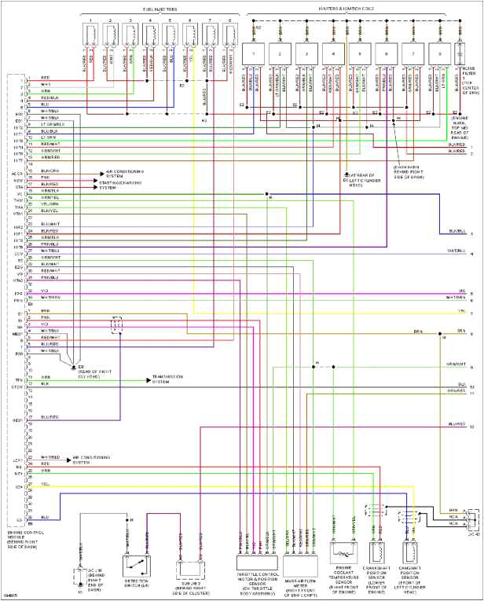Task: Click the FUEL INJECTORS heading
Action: (159, 8)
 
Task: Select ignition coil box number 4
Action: (332, 56)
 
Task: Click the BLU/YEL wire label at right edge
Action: (456, 231)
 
